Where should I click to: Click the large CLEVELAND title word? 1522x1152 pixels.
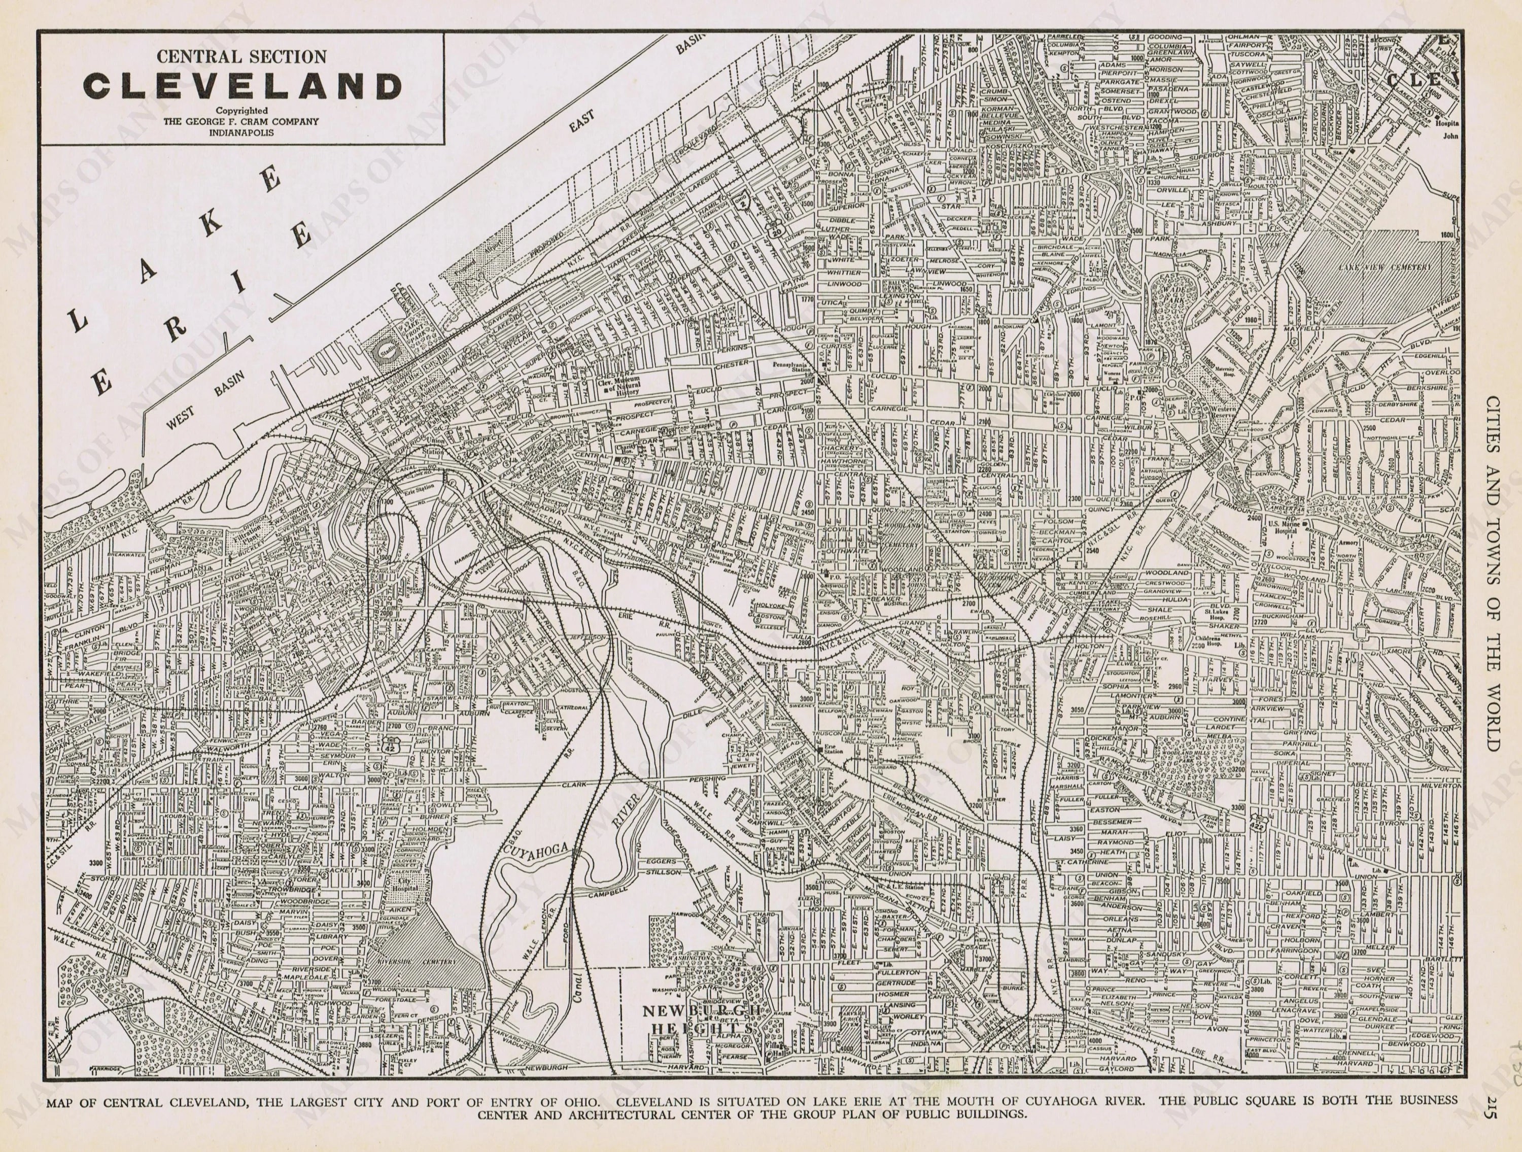coord(242,87)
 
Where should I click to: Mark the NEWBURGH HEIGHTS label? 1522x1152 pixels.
coord(702,1019)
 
